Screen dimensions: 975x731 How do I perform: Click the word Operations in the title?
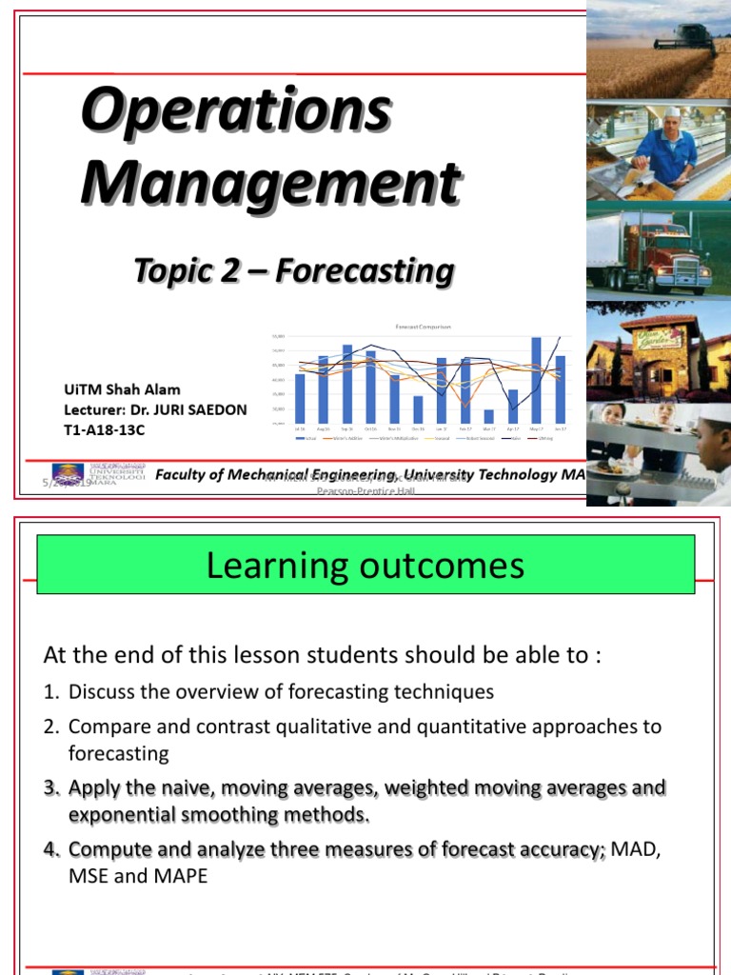[x=235, y=111]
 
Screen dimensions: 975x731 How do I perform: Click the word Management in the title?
[x=270, y=181]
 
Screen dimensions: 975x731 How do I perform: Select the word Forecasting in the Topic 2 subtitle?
[x=365, y=271]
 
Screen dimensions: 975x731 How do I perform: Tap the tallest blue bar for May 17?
[x=536, y=381]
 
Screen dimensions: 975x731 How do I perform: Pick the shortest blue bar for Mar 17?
[x=489, y=416]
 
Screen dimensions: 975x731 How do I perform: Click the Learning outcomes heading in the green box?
[x=365, y=567]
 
